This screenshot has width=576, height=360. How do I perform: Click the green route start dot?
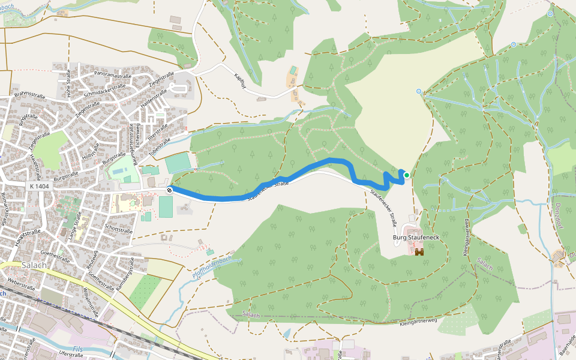(x=407, y=175)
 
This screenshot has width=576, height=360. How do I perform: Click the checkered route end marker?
(x=170, y=190)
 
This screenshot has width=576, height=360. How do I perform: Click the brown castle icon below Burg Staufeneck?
(x=419, y=251)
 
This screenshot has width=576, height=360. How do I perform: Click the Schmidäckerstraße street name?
(x=104, y=90)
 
